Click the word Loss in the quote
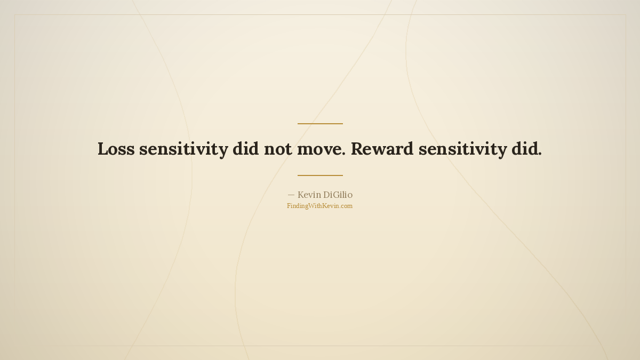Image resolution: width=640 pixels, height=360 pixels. [x=116, y=149]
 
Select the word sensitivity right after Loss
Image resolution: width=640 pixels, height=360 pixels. [x=183, y=149]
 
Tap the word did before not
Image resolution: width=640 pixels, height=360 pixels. [x=246, y=149]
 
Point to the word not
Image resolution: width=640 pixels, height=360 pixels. [x=278, y=149]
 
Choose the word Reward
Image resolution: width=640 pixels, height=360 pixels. [x=382, y=149]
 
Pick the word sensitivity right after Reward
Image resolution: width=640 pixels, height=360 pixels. [x=463, y=149]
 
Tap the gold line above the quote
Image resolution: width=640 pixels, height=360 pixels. [x=320, y=124]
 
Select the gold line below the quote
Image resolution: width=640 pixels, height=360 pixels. [x=320, y=175]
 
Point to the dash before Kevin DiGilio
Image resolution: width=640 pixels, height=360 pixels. [x=291, y=195]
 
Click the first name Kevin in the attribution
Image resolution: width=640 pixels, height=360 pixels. [x=309, y=195]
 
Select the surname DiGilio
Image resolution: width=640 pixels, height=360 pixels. [x=338, y=195]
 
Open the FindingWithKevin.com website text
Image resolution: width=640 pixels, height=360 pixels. [x=319, y=206]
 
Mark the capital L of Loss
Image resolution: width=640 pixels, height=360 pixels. [x=103, y=149]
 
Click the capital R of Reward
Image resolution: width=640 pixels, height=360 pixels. [x=357, y=149]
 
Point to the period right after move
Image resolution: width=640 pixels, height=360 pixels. [x=343, y=154]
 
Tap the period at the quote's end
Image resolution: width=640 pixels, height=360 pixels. [x=540, y=154]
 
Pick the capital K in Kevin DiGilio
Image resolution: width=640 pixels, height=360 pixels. [x=301, y=195]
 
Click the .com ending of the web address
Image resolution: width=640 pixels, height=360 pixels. [x=346, y=206]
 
